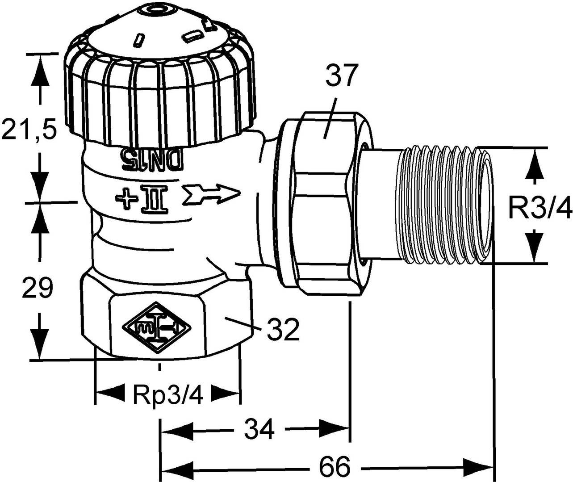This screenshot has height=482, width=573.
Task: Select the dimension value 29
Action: [38, 289]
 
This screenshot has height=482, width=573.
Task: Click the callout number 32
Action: [282, 329]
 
